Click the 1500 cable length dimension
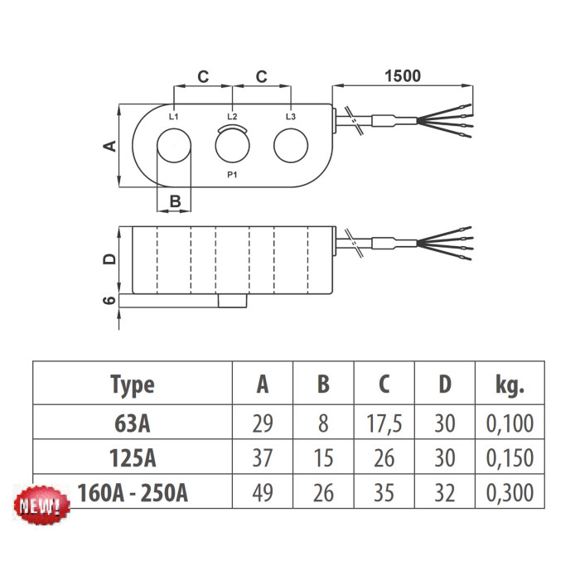click(x=403, y=75)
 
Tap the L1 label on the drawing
click(x=173, y=117)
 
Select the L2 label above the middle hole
click(x=232, y=117)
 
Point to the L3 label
click(x=290, y=117)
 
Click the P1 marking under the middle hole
click(x=232, y=176)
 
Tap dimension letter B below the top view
click(x=175, y=201)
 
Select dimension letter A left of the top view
click(x=108, y=146)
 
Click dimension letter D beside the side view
click(x=108, y=259)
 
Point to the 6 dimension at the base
click(x=108, y=302)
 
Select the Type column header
click(x=132, y=384)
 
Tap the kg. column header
click(x=510, y=384)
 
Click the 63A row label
click(x=132, y=424)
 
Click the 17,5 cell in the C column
click(x=384, y=424)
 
